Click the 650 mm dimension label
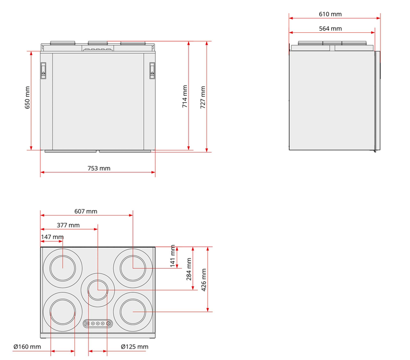coord(27,97)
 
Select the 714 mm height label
coord(185,96)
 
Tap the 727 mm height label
coord(203,96)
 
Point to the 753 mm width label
coord(98,169)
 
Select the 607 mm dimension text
coord(86,211)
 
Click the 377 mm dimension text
coord(68,225)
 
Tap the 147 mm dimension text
coord(52,237)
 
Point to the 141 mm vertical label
coord(173,256)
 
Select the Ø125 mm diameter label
coord(134,347)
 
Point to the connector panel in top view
coord(98,323)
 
